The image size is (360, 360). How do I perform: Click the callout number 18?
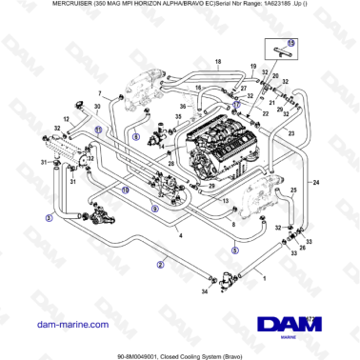[x=218, y=63]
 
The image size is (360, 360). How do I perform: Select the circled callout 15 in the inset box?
[x=291, y=44]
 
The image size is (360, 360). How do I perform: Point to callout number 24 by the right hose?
[x=316, y=180]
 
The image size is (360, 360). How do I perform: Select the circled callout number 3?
[x=48, y=218]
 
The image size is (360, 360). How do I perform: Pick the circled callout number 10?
[x=125, y=190]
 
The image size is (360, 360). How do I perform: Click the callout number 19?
[x=254, y=67]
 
